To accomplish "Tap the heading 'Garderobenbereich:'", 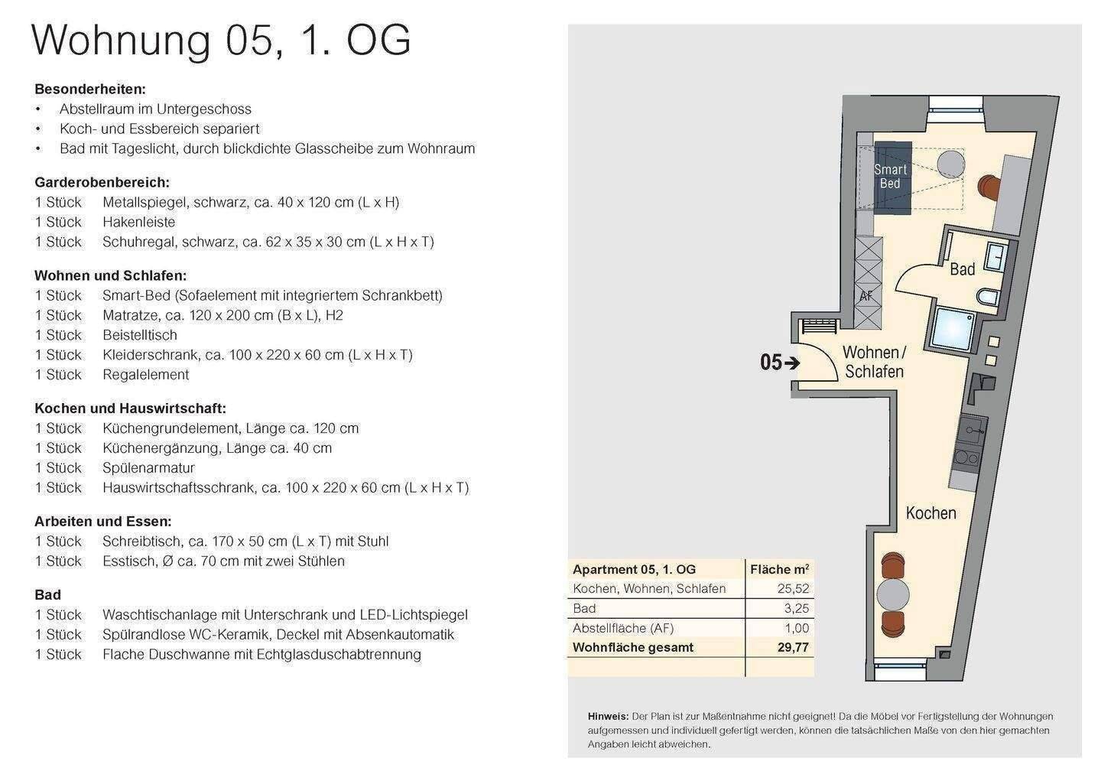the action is (x=102, y=182).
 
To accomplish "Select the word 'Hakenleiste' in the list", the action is (x=138, y=222).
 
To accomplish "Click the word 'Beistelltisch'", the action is (x=140, y=335).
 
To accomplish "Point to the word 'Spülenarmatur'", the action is (x=148, y=467).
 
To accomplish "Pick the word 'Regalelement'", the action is (x=145, y=375).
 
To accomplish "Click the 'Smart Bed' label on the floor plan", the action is (x=890, y=177).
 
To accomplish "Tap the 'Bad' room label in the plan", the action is (x=962, y=269).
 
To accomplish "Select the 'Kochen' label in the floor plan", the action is (x=931, y=513).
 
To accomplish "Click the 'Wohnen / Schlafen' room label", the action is (x=875, y=362).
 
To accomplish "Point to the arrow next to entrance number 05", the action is (x=792, y=363).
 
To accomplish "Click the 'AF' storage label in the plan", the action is (x=866, y=296).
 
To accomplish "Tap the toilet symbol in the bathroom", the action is (x=988, y=298).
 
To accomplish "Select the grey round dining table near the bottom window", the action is (x=893, y=595).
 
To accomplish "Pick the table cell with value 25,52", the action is (x=793, y=588).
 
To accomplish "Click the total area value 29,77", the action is (x=793, y=648).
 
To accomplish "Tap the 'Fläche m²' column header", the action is (x=780, y=569).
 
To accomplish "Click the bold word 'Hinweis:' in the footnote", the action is (x=608, y=717).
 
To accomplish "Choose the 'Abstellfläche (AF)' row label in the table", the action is (x=622, y=628).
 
